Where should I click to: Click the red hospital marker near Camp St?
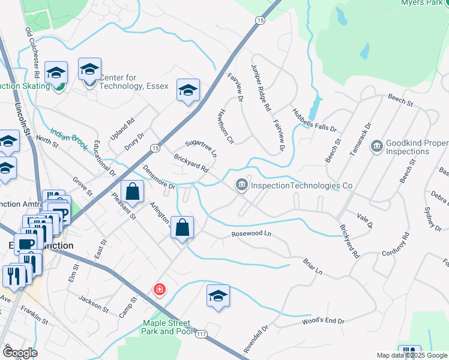[159, 290]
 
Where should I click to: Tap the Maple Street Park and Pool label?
[166, 327]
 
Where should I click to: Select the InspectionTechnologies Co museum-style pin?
[241, 185]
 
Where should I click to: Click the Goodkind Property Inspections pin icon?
[376, 146]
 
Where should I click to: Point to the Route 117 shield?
[200, 334]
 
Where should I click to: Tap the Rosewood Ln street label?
[251, 234]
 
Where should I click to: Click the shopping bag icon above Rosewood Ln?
[182, 228]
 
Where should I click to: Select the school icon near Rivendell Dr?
[218, 296]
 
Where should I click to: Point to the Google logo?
[20, 353]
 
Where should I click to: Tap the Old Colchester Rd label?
[32, 52]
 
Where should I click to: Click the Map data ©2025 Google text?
[412, 355]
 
